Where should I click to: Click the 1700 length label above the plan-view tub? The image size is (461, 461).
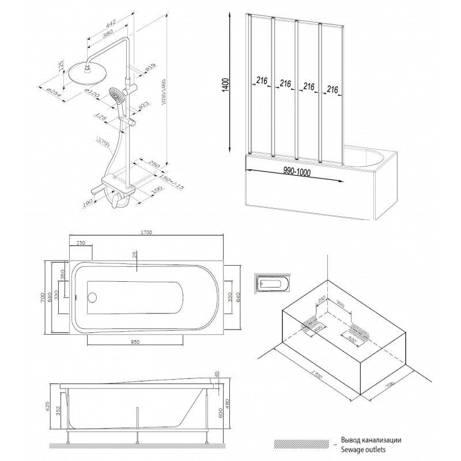[x=146, y=232]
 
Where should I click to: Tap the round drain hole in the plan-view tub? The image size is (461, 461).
[x=91, y=298]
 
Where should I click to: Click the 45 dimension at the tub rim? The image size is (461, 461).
[x=217, y=376]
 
